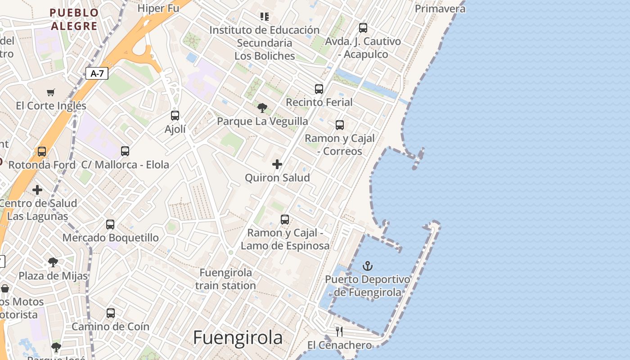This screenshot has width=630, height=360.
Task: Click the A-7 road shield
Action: point(97,73)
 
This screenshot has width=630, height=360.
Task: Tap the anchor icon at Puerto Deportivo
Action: point(368,266)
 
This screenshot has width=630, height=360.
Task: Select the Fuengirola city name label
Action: point(238,337)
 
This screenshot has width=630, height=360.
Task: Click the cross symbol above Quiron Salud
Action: point(277,164)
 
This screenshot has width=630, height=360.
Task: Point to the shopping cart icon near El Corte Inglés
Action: point(51,92)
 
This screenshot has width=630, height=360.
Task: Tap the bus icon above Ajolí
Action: point(175,116)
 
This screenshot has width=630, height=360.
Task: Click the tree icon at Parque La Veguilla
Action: point(262,108)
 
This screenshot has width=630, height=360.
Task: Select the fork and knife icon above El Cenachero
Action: point(339,332)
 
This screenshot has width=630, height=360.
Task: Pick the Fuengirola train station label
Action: point(225,279)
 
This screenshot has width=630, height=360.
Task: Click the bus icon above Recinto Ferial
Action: point(319,89)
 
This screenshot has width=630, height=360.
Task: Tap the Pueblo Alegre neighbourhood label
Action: point(74,19)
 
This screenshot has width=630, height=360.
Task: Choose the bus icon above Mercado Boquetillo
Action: point(110,224)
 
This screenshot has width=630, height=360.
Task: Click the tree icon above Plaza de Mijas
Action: point(53,262)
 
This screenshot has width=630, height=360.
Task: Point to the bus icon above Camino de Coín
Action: point(111,313)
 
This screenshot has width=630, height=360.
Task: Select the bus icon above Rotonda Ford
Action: point(42,152)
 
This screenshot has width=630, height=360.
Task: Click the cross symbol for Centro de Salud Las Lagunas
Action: point(37,190)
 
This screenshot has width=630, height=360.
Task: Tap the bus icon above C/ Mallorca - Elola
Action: point(125,151)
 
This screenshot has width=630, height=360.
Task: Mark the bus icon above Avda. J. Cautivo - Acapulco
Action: point(363,28)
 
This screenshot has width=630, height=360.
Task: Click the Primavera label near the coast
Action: point(440,9)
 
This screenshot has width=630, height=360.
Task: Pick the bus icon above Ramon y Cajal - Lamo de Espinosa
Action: point(285,220)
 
